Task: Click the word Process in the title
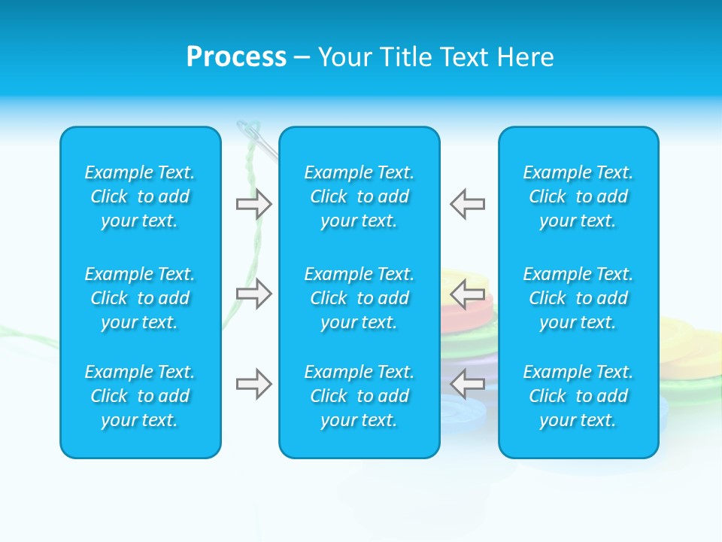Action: [236, 57]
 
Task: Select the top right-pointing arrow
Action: [253, 204]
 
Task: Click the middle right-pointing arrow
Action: [253, 294]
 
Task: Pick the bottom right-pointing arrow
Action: [253, 384]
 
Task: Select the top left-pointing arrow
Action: [468, 204]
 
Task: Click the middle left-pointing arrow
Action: [468, 294]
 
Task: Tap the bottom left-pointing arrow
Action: [468, 384]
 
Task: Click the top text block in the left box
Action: [140, 196]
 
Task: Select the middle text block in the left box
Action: [140, 298]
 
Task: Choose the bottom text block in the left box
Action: [140, 396]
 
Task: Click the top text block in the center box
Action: [359, 196]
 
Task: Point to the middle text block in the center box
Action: [359, 298]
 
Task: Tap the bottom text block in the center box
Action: [359, 396]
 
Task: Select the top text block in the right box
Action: [578, 196]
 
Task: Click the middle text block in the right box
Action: [578, 298]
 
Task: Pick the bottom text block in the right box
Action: [578, 396]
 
